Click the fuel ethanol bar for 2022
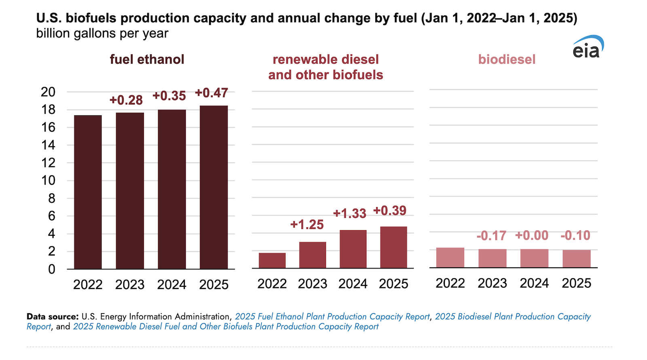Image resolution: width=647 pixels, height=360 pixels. point(88,192)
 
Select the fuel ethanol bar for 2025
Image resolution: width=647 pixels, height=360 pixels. point(214,187)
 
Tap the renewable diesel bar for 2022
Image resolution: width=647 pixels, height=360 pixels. point(272,260)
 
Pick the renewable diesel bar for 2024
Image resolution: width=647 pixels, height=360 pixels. point(353,249)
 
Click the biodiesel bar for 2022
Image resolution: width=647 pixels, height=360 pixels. point(450,258)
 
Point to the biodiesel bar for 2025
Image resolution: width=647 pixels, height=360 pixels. point(577,259)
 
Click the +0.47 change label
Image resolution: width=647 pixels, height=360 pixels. point(212,93)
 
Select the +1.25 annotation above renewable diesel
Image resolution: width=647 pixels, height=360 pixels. point(307,224)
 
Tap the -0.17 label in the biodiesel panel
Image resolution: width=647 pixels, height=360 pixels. point(491,236)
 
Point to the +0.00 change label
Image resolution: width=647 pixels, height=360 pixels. point(532,235)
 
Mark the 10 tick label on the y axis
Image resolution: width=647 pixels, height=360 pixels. point(48,180)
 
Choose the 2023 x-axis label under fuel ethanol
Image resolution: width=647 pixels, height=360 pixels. point(130,285)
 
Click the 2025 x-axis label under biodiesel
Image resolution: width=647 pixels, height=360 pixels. point(577,283)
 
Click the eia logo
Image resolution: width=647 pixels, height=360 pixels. point(588,47)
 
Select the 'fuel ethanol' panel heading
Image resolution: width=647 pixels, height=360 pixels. point(147,59)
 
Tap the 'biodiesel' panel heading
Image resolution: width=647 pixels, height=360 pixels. point(507,59)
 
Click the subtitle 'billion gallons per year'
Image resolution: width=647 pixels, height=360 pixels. point(102,34)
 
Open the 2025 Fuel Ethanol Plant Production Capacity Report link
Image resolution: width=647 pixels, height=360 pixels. point(332,317)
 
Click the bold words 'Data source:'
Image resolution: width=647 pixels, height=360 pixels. point(53,317)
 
